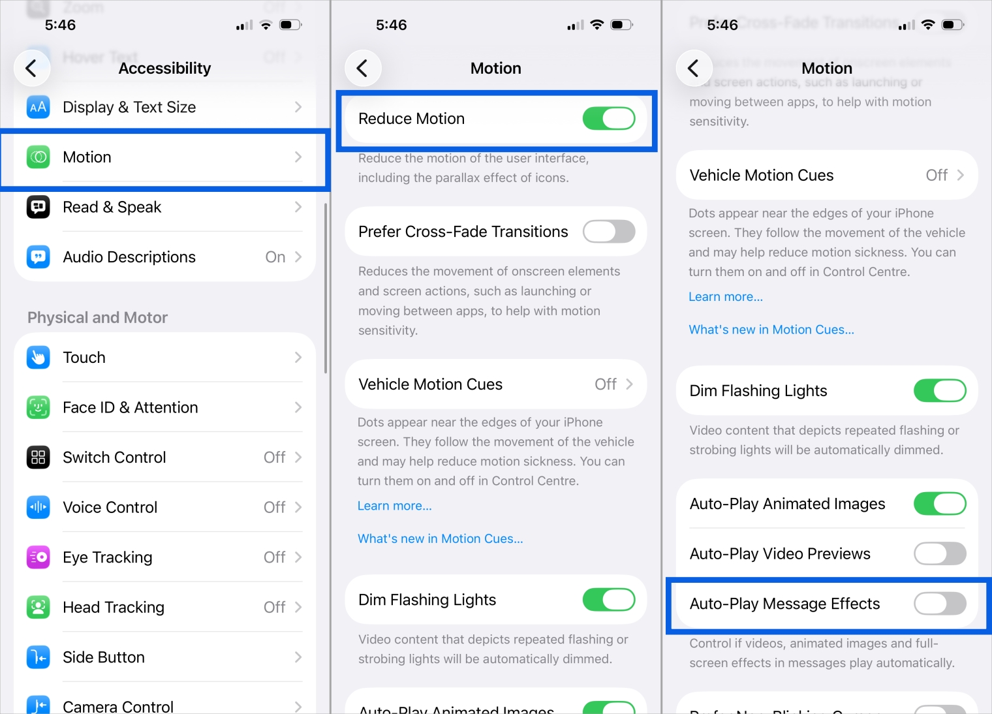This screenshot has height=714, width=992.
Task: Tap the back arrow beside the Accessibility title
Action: point(31,68)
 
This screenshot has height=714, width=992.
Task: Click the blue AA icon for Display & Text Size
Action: point(39,107)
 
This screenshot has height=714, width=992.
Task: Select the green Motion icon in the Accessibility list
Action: point(39,157)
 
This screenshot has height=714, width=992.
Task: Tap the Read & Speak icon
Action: point(39,207)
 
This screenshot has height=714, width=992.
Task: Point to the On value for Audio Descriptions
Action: point(275,257)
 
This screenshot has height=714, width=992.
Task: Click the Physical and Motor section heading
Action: point(97,318)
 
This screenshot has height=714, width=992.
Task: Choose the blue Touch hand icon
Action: point(39,358)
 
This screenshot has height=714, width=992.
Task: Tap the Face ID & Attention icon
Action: point(39,407)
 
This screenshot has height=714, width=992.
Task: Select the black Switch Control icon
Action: point(39,458)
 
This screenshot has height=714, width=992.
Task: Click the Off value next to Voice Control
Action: point(274,507)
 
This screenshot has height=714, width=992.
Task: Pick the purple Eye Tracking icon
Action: point(39,557)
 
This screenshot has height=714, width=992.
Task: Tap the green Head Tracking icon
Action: point(39,608)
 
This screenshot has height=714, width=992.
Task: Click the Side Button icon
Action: point(39,657)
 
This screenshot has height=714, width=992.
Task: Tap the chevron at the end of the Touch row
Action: point(298,358)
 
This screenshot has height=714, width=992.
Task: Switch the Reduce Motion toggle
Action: point(608,119)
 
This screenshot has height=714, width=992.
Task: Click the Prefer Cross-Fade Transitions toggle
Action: point(608,232)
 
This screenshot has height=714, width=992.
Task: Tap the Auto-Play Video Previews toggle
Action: point(939,554)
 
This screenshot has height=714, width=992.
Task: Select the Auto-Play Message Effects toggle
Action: point(939,604)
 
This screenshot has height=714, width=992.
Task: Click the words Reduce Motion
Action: point(411,119)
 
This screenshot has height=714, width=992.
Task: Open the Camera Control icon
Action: point(39,705)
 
